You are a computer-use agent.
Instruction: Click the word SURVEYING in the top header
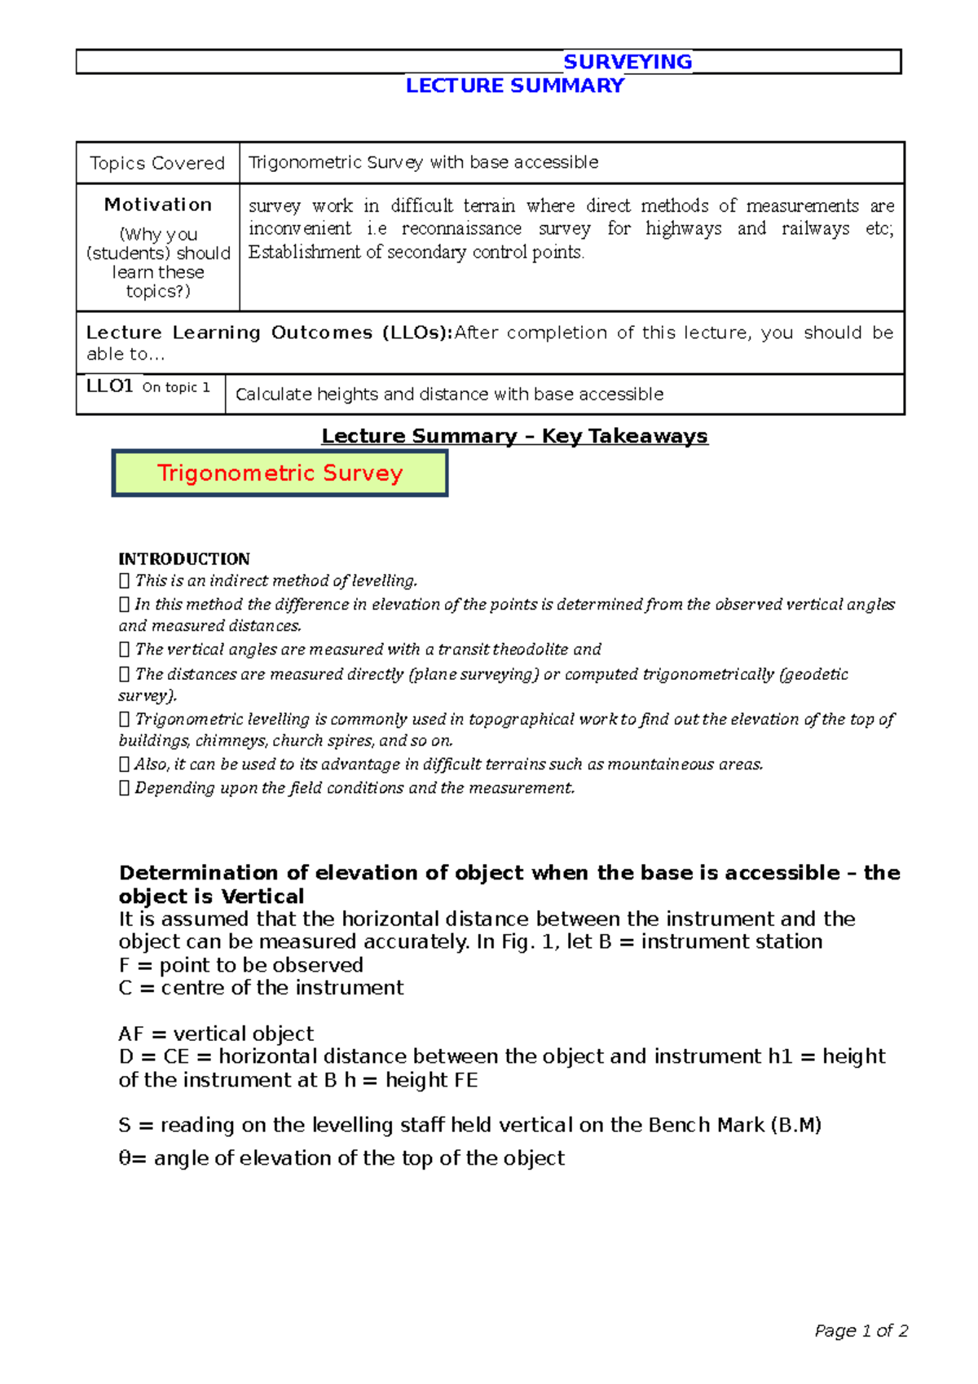[628, 62]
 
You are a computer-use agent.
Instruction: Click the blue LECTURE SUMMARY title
[515, 86]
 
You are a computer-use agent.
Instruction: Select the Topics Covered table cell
[157, 163]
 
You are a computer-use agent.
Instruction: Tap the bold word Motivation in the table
[158, 205]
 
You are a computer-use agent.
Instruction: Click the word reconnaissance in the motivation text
[461, 229]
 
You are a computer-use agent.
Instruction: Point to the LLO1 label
[109, 386]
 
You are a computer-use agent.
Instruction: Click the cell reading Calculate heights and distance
[449, 394]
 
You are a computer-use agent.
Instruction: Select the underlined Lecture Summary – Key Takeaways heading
[514, 436]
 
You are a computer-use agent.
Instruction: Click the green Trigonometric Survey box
[280, 474]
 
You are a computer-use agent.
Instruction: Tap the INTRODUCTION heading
[184, 559]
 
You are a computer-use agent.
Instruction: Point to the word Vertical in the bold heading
[262, 897]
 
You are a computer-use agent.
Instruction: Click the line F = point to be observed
[240, 965]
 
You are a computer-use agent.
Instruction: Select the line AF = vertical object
[216, 1034]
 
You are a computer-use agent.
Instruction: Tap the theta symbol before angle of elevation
[125, 1158]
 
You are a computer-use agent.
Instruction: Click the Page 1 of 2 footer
[861, 1331]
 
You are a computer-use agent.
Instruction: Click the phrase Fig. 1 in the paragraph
[530, 942]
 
